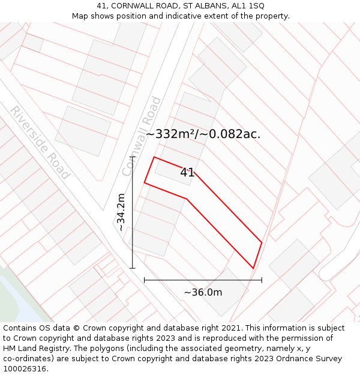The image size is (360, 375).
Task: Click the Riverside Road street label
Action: (x=40, y=142)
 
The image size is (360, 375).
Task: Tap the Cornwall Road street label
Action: (x=142, y=136)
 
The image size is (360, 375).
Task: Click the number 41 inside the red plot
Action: (x=187, y=173)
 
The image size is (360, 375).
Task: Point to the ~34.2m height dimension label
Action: (x=121, y=212)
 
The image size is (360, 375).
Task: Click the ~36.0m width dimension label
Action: (x=203, y=292)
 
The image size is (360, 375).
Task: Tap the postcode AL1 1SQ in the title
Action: (x=247, y=6)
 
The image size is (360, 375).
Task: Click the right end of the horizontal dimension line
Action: (x=262, y=280)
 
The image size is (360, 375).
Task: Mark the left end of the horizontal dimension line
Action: (x=144, y=280)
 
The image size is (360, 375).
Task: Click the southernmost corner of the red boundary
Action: (x=253, y=268)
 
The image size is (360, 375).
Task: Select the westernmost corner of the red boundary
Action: (x=144, y=182)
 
